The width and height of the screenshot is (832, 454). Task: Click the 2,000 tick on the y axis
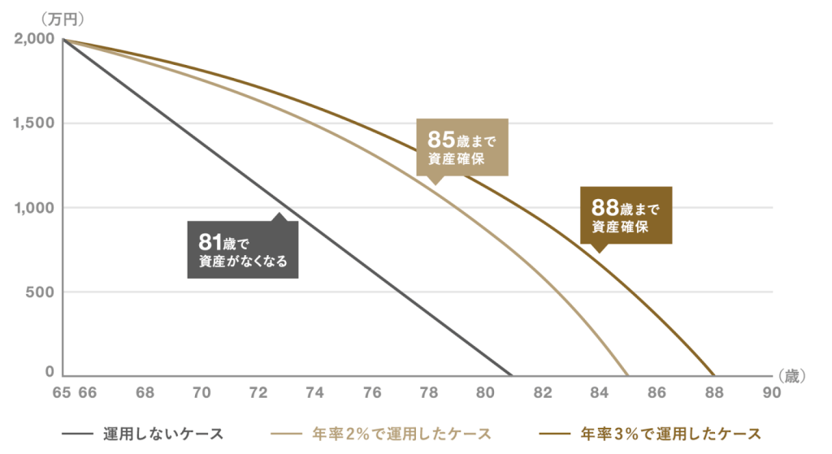33,39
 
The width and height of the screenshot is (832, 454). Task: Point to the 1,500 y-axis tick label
33,123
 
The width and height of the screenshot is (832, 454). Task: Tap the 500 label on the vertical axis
39,292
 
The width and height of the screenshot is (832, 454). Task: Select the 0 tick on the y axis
49,373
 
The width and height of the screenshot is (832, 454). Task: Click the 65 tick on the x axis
61,393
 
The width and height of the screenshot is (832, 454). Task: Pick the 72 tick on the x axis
258,393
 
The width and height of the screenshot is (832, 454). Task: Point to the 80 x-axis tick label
485,393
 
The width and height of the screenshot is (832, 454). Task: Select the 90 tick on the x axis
770,393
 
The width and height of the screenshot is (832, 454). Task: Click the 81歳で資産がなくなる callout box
243,249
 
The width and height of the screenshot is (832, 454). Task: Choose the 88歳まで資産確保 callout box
626,216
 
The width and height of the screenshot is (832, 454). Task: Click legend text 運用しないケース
162,433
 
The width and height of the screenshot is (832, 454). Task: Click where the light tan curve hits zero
627,375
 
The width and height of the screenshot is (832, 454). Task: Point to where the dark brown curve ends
714,375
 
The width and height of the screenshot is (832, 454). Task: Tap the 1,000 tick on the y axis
33,208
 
